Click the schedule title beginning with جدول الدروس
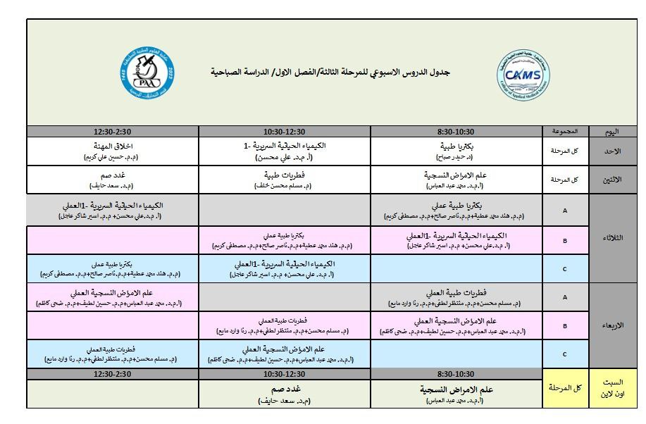point(331,73)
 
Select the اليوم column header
point(613,132)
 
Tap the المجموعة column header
point(565,132)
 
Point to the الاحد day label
point(613,151)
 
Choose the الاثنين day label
point(613,180)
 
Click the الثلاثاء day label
point(613,238)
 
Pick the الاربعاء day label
point(613,325)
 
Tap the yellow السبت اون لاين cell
point(613,387)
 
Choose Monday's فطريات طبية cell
point(285,180)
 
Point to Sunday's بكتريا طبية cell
point(456,151)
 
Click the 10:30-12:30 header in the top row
point(285,132)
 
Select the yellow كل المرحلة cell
point(565,387)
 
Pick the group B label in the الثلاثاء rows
point(565,239)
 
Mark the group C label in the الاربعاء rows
point(565,354)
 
